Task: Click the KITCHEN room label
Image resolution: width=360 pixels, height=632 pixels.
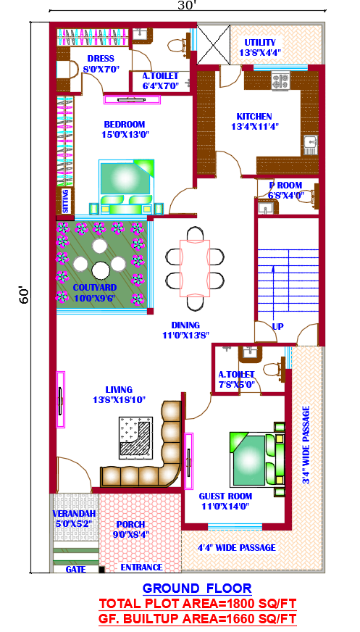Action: click(254, 117)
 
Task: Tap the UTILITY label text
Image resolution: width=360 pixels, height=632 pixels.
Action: click(260, 43)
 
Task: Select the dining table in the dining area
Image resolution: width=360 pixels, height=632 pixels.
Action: click(195, 268)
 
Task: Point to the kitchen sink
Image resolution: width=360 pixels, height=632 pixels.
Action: click(311, 145)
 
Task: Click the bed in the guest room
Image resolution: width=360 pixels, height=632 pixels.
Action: click(257, 459)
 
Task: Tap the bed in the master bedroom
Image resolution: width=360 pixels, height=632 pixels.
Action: click(127, 186)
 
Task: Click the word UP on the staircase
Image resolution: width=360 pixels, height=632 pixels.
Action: click(278, 326)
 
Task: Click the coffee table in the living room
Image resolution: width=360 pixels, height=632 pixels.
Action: click(135, 437)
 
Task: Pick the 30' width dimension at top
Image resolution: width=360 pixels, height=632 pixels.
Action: click(187, 5)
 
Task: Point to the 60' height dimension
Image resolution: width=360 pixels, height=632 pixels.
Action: click(23, 295)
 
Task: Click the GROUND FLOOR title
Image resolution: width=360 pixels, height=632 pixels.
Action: click(197, 588)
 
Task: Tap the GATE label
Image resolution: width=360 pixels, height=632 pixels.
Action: click(75, 570)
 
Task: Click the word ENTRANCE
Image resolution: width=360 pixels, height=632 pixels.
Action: click(141, 567)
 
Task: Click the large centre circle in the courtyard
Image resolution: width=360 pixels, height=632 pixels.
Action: click(99, 270)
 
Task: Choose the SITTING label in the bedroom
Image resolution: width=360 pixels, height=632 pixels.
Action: click(66, 201)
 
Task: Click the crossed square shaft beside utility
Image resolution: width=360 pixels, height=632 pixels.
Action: click(214, 44)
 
